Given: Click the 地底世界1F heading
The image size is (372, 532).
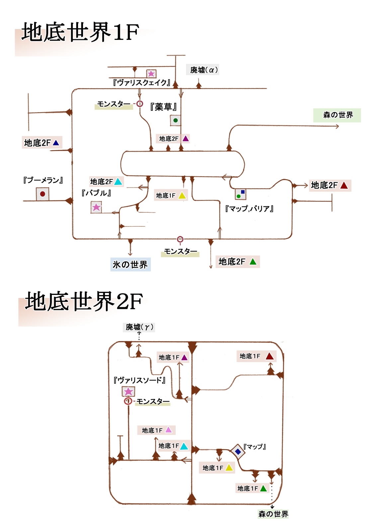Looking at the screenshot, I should [80, 32].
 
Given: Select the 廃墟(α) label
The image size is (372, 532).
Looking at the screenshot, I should [204, 70].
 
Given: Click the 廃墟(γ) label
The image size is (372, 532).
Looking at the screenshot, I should [139, 327].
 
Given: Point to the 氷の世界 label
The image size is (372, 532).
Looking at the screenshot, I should [130, 265].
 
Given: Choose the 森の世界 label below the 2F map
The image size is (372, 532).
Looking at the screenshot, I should [273, 514].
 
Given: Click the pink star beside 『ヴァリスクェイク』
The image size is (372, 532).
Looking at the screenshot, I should [151, 73].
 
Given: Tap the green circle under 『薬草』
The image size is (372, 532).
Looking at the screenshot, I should [175, 120].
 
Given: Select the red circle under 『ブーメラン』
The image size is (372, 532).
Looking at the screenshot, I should [43, 194].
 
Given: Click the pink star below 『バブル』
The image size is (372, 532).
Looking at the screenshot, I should [96, 207].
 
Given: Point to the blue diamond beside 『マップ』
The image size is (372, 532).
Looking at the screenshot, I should [238, 452].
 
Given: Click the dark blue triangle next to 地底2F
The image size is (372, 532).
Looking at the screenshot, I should [56, 143].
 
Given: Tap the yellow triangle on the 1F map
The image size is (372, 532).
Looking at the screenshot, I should [182, 196].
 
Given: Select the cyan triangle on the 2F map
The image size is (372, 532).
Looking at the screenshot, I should [184, 446].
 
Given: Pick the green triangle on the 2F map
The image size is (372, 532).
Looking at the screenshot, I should [263, 488].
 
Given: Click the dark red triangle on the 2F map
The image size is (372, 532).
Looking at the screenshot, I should [270, 356].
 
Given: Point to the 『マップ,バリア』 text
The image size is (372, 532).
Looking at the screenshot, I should [249, 209].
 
